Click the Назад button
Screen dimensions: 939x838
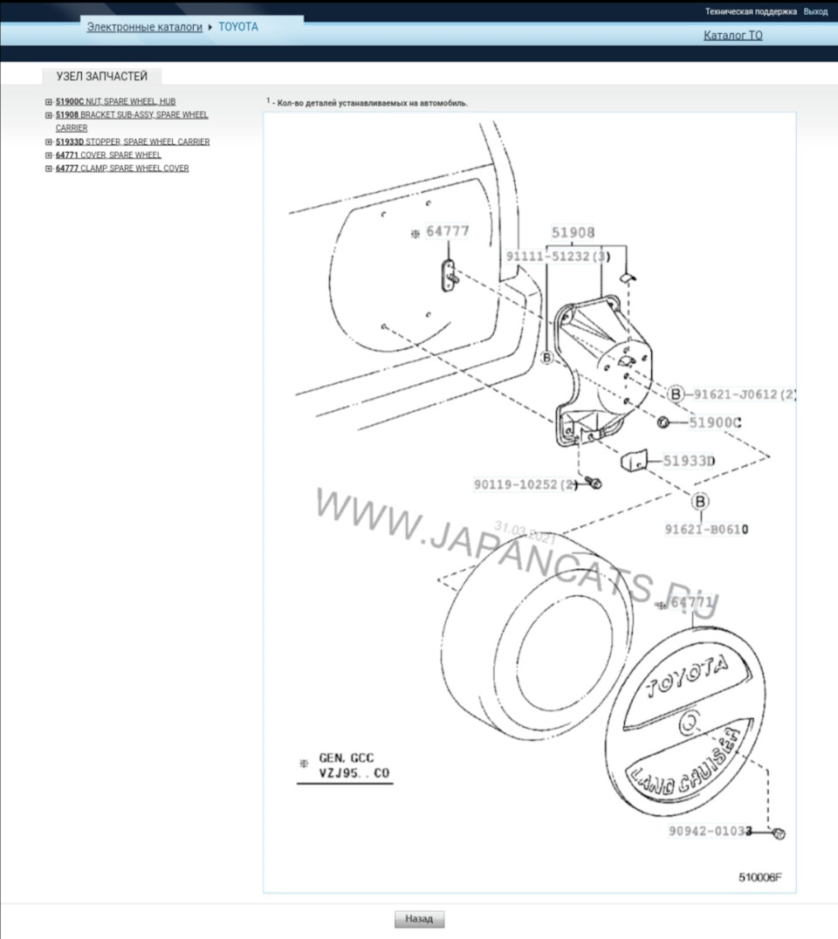[x=419, y=919]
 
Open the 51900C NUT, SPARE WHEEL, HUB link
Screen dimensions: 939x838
[x=115, y=101]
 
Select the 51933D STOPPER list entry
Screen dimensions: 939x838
[x=132, y=141]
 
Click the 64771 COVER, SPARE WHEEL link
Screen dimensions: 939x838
[x=108, y=154]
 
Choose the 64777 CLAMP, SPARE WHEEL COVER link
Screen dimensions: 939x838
[x=122, y=168]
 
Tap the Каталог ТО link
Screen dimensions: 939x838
[x=732, y=36]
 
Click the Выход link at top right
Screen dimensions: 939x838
[x=815, y=11]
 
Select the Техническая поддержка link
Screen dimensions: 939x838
[x=751, y=11]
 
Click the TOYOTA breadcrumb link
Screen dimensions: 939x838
[x=238, y=27]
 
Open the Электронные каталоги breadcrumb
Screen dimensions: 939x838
[x=144, y=27]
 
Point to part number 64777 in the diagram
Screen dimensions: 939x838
[x=447, y=232]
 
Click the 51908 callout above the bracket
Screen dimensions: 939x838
[x=573, y=233]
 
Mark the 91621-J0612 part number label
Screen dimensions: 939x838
[x=744, y=394]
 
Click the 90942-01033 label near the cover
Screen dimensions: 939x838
[x=711, y=833]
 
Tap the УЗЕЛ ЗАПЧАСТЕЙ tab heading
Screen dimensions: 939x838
[x=102, y=76]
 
